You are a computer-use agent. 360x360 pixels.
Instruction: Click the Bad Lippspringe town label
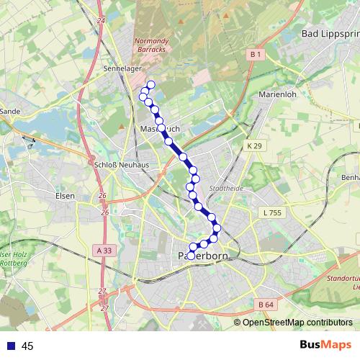(x=329, y=34)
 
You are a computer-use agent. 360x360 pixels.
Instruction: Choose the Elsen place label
(x=65, y=195)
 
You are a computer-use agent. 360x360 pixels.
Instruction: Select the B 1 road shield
(x=256, y=54)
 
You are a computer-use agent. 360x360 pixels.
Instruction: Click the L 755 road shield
(x=273, y=212)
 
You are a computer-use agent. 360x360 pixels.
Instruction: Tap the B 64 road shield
(x=266, y=305)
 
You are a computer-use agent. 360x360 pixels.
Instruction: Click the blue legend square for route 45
(x=11, y=346)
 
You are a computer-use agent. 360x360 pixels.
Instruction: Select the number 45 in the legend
(x=27, y=346)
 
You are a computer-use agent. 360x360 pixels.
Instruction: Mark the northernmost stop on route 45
(x=150, y=85)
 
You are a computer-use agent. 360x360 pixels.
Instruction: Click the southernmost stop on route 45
(x=192, y=248)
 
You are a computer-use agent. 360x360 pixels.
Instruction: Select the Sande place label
(x=11, y=112)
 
